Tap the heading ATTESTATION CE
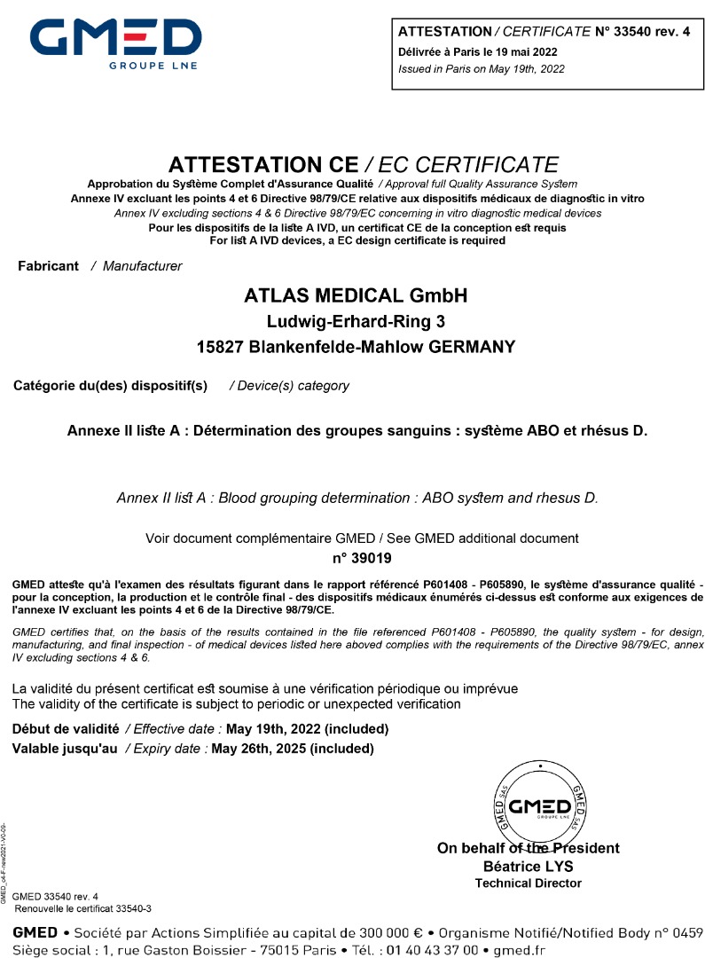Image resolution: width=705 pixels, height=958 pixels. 263,165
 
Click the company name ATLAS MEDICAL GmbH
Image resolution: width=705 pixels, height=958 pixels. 356,296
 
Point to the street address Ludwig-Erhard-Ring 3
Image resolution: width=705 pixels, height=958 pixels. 356,322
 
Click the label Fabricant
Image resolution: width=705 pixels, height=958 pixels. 49,266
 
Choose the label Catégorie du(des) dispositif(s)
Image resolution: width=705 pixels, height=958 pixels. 110,386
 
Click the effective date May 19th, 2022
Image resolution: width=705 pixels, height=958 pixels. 308,729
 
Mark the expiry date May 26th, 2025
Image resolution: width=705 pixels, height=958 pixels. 293,749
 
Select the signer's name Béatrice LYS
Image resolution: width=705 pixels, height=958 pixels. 529,866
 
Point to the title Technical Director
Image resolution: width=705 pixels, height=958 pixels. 529,883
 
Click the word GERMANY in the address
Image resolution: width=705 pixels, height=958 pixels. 472,348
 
